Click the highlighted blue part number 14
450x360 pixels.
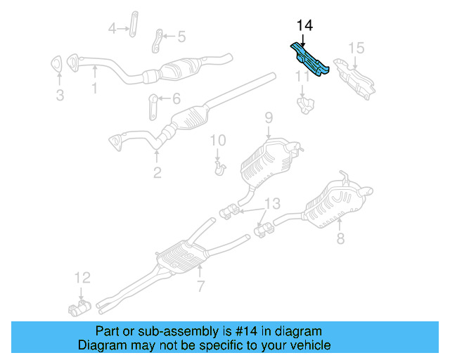click(309, 60)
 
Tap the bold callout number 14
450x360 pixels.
click(304, 26)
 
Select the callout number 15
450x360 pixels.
click(356, 48)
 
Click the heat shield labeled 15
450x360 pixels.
click(356, 77)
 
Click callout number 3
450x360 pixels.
click(60, 95)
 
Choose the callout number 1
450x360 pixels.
click(94, 88)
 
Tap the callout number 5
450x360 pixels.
click(181, 37)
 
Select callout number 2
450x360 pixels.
click(157, 172)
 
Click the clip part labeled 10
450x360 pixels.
click(219, 168)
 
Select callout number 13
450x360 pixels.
click(271, 204)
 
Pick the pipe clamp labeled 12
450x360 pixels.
click(79, 307)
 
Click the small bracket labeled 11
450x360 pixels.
click(304, 104)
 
